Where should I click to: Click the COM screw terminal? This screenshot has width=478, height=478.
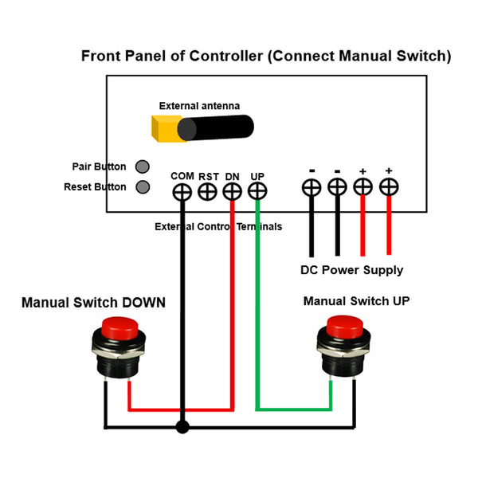[182, 192]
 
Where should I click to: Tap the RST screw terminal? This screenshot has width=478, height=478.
[207, 192]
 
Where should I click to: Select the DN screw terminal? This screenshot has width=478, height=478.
[232, 192]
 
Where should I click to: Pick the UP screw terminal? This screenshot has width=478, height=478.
[257, 192]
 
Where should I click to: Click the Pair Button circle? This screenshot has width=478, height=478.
[143, 167]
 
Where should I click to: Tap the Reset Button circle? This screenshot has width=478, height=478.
[143, 187]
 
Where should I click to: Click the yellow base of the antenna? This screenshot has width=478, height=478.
[165, 128]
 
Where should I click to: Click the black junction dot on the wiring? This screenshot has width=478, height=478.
[182, 427]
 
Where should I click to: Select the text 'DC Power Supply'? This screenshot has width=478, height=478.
[351, 270]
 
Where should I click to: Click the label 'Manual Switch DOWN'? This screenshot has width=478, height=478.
[93, 303]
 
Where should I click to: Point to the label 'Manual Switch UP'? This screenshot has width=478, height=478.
[356, 301]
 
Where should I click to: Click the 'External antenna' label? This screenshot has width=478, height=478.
[199, 105]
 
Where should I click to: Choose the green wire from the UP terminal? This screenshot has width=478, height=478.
[257, 319]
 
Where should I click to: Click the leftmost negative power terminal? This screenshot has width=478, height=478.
[311, 187]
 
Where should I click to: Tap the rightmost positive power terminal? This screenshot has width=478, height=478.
[389, 187]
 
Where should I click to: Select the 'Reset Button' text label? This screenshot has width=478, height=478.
[95, 187]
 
